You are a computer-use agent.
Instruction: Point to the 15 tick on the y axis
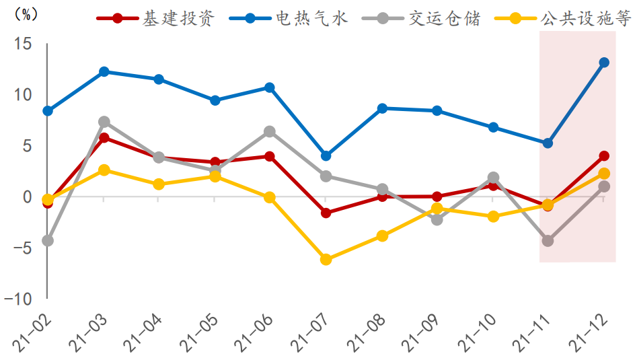click(23, 44)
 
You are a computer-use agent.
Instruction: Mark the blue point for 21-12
click(604, 63)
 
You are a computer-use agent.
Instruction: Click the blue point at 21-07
click(326, 155)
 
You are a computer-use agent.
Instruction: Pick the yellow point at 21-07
click(326, 260)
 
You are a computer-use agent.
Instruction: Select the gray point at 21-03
click(104, 122)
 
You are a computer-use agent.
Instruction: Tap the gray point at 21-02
click(48, 240)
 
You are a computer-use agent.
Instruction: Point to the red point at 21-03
click(104, 138)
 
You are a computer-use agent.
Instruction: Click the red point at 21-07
click(326, 213)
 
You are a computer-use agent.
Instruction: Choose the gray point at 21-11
click(548, 240)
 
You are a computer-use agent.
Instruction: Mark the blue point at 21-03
click(104, 71)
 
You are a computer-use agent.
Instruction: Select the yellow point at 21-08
click(382, 236)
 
